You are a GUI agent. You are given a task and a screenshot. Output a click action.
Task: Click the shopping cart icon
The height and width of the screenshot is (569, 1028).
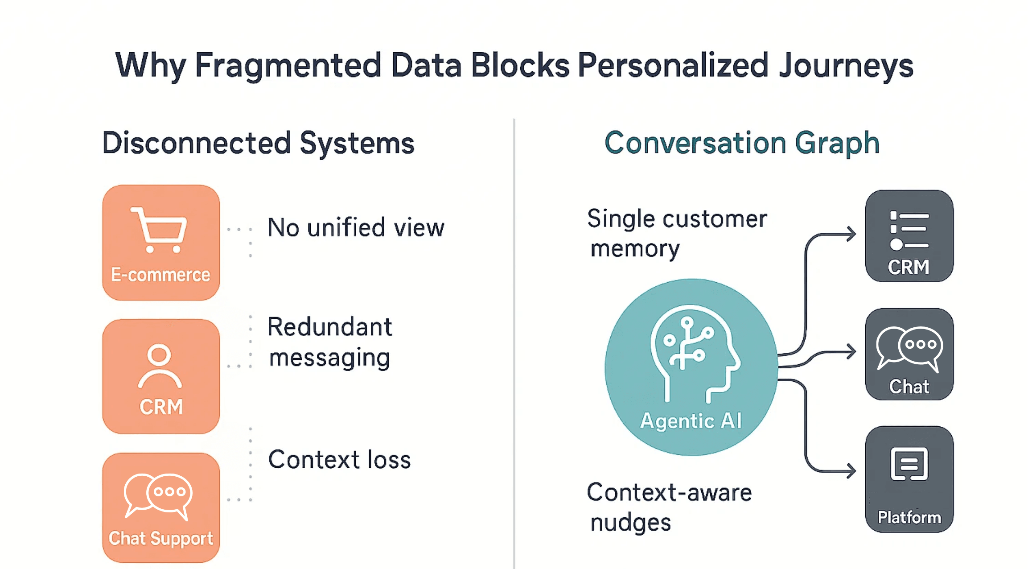coord(160,229)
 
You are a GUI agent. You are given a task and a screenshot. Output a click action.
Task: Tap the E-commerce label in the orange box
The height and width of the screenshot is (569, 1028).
coord(160,275)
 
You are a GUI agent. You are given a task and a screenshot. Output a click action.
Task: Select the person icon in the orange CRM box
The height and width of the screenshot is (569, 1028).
coord(160,366)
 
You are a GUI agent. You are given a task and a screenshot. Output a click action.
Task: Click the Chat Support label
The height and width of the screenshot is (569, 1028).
coord(160,538)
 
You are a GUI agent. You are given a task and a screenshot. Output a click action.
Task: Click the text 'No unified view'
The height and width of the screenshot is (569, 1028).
coord(356,228)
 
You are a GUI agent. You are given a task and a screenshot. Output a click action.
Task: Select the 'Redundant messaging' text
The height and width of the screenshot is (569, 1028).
coord(330,342)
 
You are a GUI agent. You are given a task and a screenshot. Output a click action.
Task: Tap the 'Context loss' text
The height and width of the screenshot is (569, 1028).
coord(339,460)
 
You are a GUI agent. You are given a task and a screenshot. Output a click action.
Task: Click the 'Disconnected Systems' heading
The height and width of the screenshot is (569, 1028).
coord(259,143)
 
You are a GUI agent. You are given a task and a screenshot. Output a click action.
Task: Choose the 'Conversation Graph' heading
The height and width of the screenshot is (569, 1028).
coord(742,143)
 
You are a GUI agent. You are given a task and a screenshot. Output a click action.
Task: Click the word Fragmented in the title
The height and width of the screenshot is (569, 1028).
coord(288,65)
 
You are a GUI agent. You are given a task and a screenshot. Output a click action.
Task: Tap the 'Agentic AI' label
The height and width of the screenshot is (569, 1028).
coord(691,421)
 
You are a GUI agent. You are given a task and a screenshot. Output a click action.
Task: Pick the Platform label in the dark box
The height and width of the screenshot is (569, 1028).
coord(909,517)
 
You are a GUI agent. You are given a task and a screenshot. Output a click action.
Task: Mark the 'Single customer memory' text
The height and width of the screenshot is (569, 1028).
coord(677,233)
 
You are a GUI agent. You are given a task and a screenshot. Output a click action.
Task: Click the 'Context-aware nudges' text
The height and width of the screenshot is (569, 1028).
coord(669,507)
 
